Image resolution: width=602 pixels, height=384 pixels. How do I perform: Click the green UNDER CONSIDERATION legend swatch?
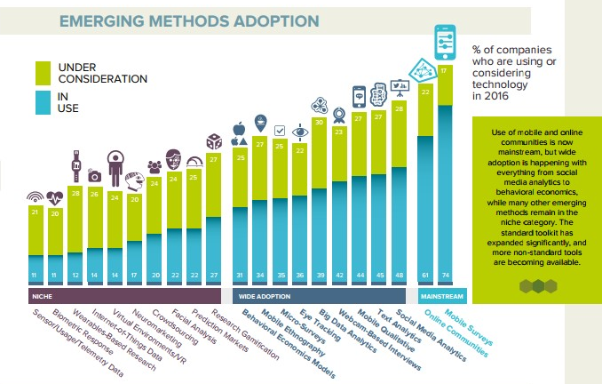click(x=43, y=73)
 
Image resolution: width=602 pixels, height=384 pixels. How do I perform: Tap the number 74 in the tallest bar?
click(x=446, y=276)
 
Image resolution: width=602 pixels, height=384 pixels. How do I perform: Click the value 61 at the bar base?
click(x=424, y=276)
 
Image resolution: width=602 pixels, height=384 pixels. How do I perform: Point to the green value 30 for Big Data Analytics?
click(x=320, y=122)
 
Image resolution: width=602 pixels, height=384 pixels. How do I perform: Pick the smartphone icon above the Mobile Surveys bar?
click(x=446, y=41)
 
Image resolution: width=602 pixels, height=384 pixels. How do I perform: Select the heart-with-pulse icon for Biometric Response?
click(x=56, y=198)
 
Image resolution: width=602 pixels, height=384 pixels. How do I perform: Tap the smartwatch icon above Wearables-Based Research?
click(x=76, y=164)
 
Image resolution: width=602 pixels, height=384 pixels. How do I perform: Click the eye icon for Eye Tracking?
click(x=300, y=132)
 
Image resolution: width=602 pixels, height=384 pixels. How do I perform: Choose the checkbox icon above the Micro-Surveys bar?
click(x=280, y=130)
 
